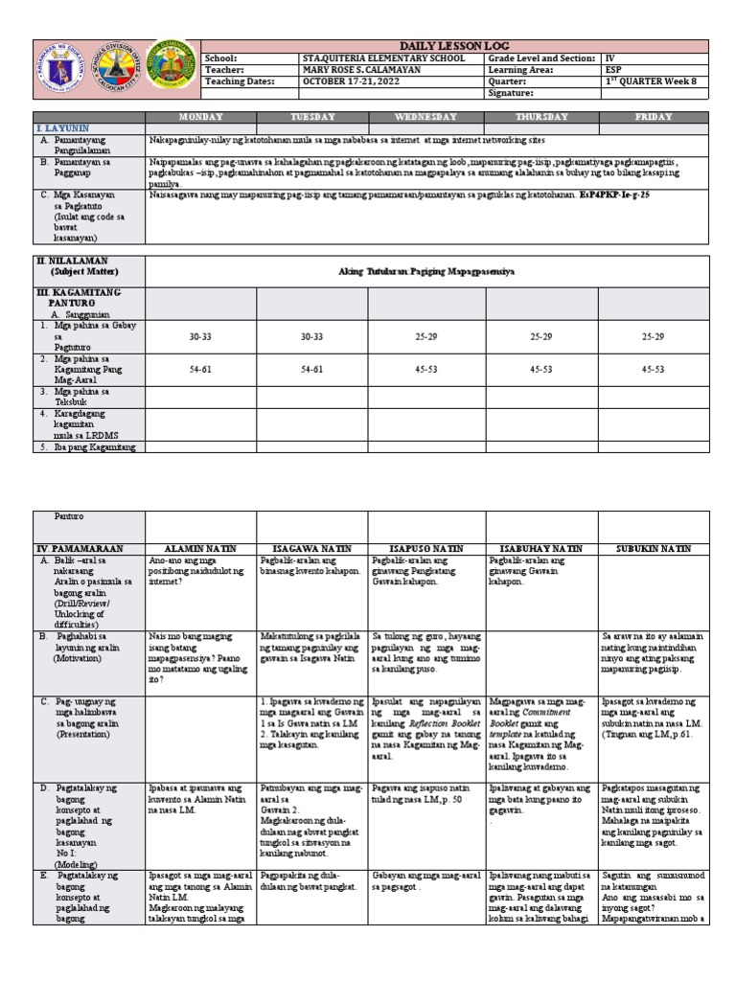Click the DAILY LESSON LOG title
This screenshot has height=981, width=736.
[455, 45]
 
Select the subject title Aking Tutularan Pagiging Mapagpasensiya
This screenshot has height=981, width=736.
[426, 272]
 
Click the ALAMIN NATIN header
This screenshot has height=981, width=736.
[200, 548]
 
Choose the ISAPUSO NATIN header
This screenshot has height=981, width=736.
[425, 548]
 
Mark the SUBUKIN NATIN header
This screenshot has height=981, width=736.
[654, 548]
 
